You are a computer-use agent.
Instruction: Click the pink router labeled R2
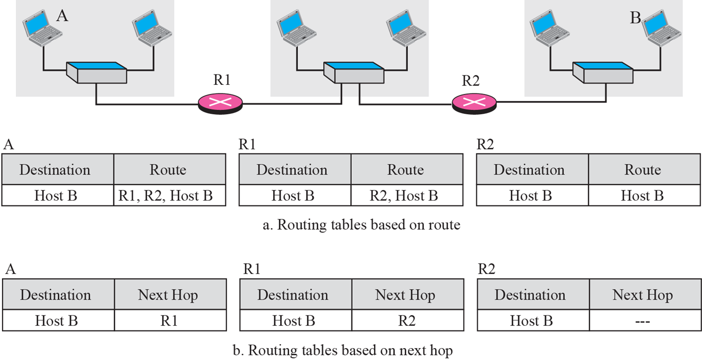point(474,103)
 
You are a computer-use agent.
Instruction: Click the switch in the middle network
point(353,72)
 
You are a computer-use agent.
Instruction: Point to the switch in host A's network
point(97,72)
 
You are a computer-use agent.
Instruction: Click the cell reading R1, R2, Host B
point(169,196)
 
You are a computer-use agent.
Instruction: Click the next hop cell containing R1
point(169,321)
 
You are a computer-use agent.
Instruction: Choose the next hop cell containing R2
point(406,321)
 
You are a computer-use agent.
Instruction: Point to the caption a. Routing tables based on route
point(361,225)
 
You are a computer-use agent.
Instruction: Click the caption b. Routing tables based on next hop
point(343,351)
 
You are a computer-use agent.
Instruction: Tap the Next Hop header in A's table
point(169,295)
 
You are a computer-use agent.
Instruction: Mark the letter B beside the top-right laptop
point(635,19)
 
